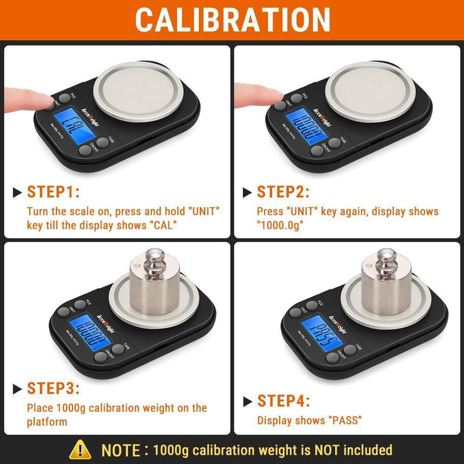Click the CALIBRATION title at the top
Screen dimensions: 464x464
point(232,20)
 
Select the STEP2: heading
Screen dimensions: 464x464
point(283,192)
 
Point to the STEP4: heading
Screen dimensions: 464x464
point(283,401)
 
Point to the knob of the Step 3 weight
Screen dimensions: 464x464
point(155,258)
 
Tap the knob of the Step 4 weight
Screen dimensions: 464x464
point(386,258)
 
